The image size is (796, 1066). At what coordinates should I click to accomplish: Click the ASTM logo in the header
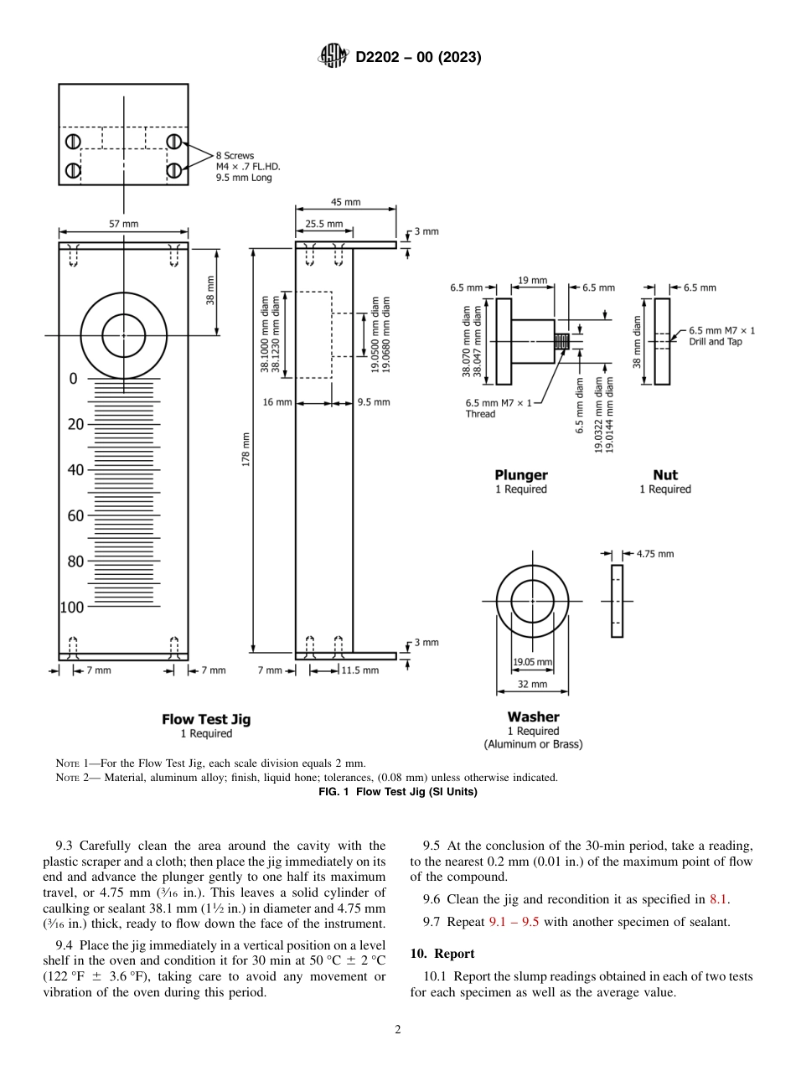pyautogui.click(x=333, y=57)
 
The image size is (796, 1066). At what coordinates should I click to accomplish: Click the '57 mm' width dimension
pyautogui.click(x=124, y=224)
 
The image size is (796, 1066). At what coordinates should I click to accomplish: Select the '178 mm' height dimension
pyautogui.click(x=246, y=450)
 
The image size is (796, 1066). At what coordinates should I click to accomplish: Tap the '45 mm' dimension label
pyautogui.click(x=345, y=202)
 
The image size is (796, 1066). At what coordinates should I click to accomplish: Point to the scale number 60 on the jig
pyautogui.click(x=75, y=515)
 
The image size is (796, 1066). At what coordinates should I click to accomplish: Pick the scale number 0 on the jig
pyautogui.click(x=73, y=379)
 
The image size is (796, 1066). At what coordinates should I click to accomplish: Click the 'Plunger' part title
pyautogui.click(x=520, y=475)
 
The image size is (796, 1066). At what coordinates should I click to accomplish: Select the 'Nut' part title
pyautogui.click(x=664, y=475)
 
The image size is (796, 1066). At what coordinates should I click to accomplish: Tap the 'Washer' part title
pyautogui.click(x=533, y=717)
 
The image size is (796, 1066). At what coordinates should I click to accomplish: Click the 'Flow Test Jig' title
pyautogui.click(x=206, y=719)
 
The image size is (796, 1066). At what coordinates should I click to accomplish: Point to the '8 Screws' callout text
pyautogui.click(x=235, y=156)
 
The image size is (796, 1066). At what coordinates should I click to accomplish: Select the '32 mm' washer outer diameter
pyautogui.click(x=532, y=685)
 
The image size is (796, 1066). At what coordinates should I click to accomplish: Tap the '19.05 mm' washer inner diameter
pyautogui.click(x=532, y=662)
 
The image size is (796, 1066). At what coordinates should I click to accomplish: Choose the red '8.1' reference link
pyautogui.click(x=718, y=899)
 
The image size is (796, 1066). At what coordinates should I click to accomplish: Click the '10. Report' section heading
pyautogui.click(x=442, y=954)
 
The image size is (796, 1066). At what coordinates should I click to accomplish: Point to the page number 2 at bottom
pyautogui.click(x=398, y=1030)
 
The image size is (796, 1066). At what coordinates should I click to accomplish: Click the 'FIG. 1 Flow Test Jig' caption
pyautogui.click(x=398, y=792)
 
